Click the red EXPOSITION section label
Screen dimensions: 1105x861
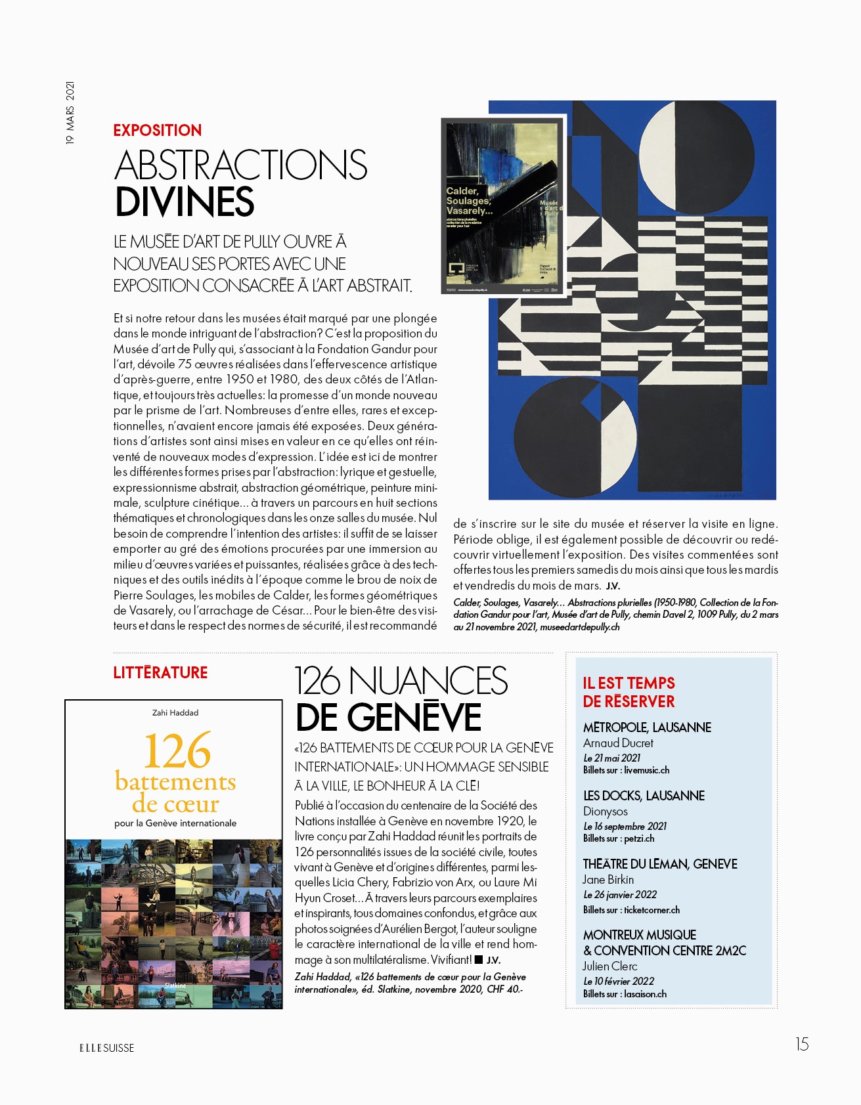coord(157,130)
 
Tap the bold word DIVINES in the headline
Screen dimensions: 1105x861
coord(185,202)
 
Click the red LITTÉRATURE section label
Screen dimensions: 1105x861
coord(160,672)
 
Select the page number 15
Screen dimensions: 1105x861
coord(802,1044)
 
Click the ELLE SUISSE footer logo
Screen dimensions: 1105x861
coord(106,1048)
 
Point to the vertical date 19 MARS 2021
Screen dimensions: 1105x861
coord(70,112)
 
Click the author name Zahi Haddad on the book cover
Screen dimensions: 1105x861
coord(175,712)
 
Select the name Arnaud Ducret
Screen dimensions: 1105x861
coord(618,743)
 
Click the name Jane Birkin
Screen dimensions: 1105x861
coord(608,879)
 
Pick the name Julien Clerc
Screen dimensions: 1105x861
coord(609,966)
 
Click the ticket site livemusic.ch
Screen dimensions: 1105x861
coord(646,770)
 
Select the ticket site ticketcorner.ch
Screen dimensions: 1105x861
coord(651,909)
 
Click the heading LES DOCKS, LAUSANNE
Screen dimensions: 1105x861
coord(644,795)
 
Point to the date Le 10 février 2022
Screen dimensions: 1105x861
coord(619,981)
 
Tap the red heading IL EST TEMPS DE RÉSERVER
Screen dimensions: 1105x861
coord(629,692)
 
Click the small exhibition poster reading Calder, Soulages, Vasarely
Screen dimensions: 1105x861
coord(503,207)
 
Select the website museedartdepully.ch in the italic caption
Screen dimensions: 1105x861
coord(579,627)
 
